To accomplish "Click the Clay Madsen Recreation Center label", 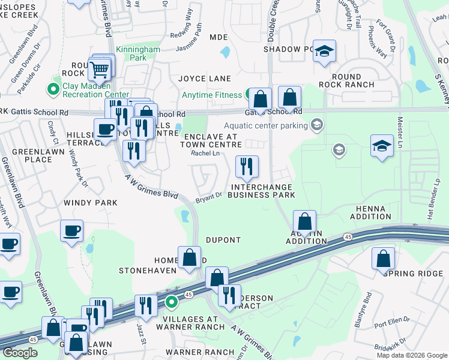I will tap(95, 90).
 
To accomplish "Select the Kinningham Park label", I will tap(139, 53).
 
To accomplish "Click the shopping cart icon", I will tap(100, 70).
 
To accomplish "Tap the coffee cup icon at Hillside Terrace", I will tap(106, 128).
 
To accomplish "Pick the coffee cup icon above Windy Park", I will tap(72, 231).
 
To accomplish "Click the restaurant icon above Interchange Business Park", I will tap(246, 167).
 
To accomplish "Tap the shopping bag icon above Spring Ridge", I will tap(383, 259).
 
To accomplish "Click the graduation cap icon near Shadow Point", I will tap(324, 51).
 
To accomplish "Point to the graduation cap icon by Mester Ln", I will tap(382, 146).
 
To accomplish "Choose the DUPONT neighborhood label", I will tap(223, 240).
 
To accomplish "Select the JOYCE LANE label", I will tap(205, 79).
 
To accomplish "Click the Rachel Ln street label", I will tap(205, 154).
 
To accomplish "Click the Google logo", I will tap(20, 353).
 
